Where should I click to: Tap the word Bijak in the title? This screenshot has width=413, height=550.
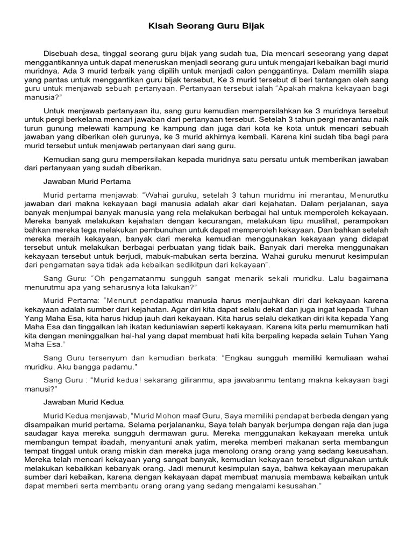[x=253, y=26]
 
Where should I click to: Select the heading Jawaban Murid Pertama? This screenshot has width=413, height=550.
[x=87, y=182]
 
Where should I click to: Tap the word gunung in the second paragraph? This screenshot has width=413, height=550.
[x=65, y=129]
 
